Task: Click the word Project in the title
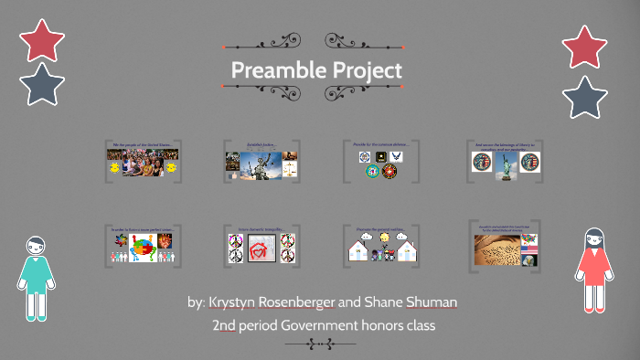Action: tap(366, 70)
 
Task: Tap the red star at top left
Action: tap(42, 40)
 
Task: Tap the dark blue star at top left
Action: tap(42, 84)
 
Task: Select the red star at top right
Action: tap(585, 48)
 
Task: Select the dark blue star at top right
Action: tap(585, 97)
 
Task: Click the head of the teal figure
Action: tap(36, 247)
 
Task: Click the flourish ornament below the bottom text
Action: tap(320, 344)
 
